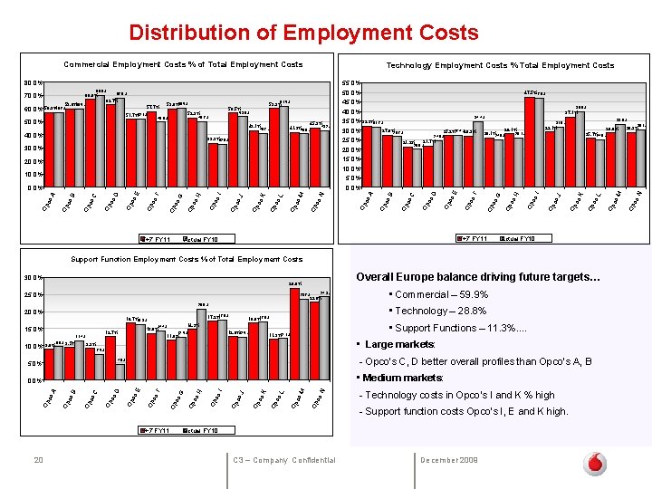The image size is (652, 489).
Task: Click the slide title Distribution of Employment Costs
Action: click(x=303, y=34)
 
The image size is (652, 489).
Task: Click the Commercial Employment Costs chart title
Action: click(x=183, y=65)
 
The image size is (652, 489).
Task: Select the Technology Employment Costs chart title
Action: click(x=500, y=65)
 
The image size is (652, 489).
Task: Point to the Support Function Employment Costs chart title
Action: click(x=187, y=259)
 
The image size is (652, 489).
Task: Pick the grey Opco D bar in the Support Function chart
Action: click(x=120, y=372)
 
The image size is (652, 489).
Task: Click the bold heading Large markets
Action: click(x=399, y=344)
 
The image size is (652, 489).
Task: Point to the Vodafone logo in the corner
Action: click(x=595, y=464)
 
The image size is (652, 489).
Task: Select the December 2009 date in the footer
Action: click(x=451, y=461)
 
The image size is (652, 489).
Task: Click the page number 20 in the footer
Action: click(x=38, y=461)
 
